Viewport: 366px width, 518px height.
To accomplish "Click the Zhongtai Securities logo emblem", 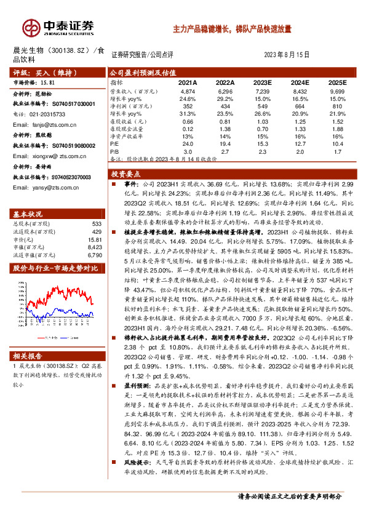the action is tap(31, 28).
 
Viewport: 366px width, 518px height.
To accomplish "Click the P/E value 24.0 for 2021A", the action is tap(188, 143).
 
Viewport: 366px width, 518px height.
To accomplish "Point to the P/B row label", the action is tap(114, 151).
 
